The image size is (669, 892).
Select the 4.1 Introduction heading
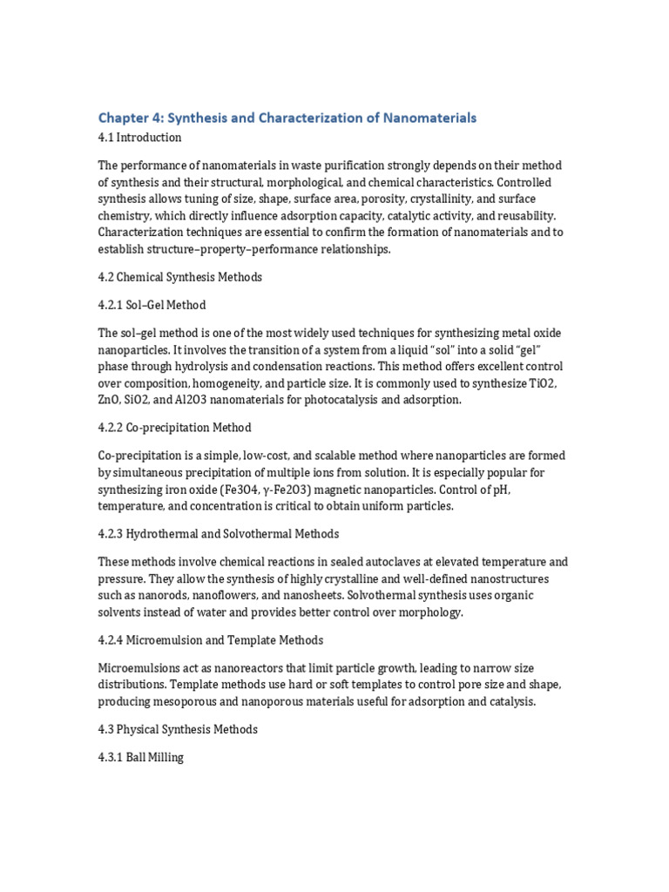pyautogui.click(x=139, y=138)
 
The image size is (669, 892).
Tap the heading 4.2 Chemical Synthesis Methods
pyautogui.click(x=179, y=277)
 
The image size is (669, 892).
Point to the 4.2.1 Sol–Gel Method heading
pyautogui.click(x=152, y=305)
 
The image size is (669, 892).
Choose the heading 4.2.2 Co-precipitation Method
pyautogui.click(x=174, y=428)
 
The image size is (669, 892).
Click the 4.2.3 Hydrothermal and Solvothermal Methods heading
pyautogui.click(x=218, y=533)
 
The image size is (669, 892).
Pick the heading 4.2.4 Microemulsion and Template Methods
pyautogui.click(x=210, y=640)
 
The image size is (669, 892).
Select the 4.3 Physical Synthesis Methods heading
pyautogui.click(x=178, y=728)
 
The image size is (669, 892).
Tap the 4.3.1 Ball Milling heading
pyautogui.click(x=140, y=757)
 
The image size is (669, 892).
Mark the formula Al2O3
pyautogui.click(x=202, y=400)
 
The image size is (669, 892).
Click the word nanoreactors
pyautogui.click(x=238, y=668)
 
